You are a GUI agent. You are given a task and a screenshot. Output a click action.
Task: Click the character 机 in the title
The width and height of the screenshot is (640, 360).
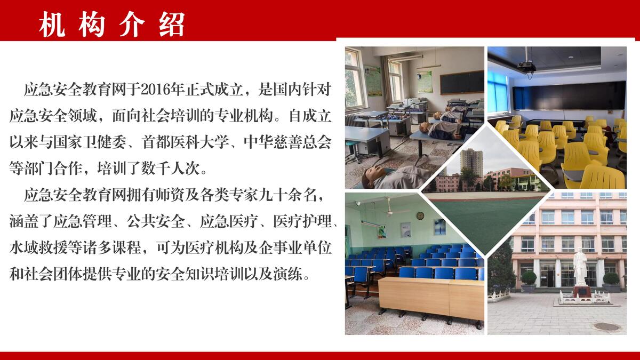(52, 25)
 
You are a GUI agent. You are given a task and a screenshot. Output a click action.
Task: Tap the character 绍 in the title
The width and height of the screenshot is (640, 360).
(171, 25)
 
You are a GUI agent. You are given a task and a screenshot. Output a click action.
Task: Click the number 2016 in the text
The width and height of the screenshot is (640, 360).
(154, 90)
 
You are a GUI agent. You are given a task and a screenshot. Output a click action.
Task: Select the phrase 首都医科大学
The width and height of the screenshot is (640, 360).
(186, 142)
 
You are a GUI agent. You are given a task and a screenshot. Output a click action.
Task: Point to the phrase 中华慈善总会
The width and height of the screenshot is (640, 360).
(287, 142)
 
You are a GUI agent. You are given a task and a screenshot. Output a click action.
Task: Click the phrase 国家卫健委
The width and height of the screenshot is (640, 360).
(90, 142)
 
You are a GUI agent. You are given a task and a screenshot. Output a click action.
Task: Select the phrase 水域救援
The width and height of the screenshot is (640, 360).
(38, 248)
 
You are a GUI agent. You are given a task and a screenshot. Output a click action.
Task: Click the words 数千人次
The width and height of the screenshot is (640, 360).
(170, 169)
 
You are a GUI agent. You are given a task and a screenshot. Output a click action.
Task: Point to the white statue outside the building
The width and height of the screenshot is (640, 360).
(580, 267)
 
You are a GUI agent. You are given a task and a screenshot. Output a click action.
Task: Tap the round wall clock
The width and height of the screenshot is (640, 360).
(420, 215)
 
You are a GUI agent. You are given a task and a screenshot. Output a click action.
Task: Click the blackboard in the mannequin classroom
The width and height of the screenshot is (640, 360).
(462, 83)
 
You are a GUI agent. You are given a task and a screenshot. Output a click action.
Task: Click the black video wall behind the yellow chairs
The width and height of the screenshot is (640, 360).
(569, 95)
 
